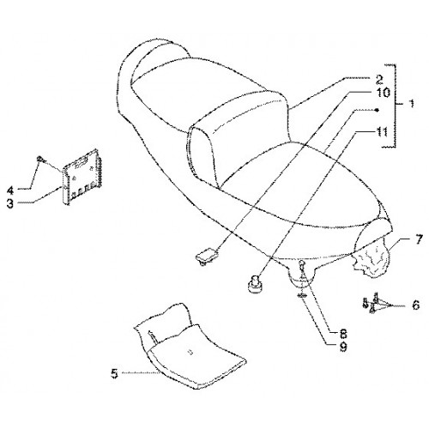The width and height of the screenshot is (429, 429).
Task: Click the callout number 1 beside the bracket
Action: pyautogui.click(x=411, y=103)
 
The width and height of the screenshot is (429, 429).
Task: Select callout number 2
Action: pyautogui.click(x=379, y=80)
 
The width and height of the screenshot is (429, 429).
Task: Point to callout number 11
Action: pyautogui.click(x=381, y=132)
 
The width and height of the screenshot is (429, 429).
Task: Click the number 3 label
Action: pyautogui.click(x=10, y=203)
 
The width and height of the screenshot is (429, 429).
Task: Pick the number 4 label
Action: pyautogui.click(x=10, y=190)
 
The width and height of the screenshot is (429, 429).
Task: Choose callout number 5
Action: pyautogui.click(x=115, y=374)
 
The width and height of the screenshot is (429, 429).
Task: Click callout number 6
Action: pyautogui.click(x=415, y=305)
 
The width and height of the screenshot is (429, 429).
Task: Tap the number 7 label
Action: pyautogui.click(x=418, y=239)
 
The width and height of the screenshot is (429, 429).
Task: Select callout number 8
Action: pyautogui.click(x=343, y=333)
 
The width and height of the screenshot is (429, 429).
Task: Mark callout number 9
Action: pyautogui.click(x=343, y=347)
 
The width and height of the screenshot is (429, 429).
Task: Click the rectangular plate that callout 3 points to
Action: pyautogui.click(x=82, y=177)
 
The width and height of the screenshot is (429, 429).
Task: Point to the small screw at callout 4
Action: pyautogui.click(x=40, y=159)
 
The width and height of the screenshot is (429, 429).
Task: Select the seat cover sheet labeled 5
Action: pyautogui.click(x=190, y=346)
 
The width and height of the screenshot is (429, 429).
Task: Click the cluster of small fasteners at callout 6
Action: pyautogui.click(x=371, y=303)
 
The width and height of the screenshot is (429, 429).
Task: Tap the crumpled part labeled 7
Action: pyautogui.click(x=372, y=262)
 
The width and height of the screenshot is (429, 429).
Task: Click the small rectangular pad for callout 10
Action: pyautogui.click(x=206, y=255)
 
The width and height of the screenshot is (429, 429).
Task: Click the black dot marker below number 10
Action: pyautogui.click(x=377, y=110)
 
